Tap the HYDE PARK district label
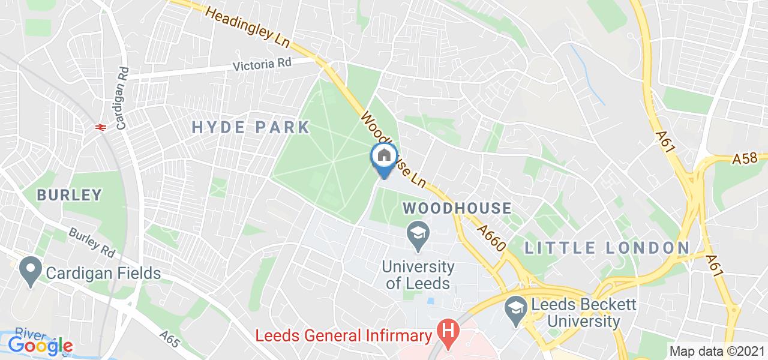[x=250, y=127]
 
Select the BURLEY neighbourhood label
[x=69, y=195]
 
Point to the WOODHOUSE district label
[x=457, y=208]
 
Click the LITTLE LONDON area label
[x=607, y=247]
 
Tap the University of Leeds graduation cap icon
[x=418, y=233]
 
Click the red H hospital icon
[x=447, y=329]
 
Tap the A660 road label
[x=493, y=238]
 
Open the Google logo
[x=40, y=345]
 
